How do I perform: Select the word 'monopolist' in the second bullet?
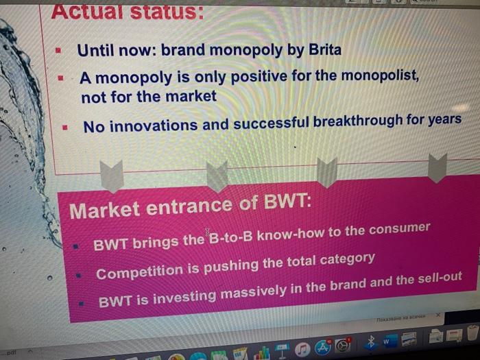[x=376, y=75]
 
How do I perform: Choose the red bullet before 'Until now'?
[x=58, y=51]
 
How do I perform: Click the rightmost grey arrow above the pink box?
[x=437, y=167]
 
